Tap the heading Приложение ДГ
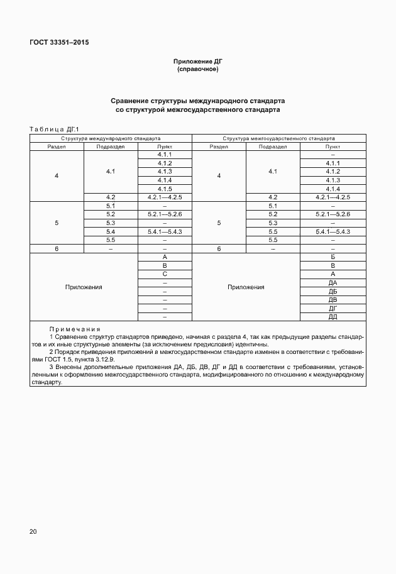[x=198, y=61]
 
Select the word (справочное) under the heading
[x=198, y=69]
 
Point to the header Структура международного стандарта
[x=111, y=137]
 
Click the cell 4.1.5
[x=165, y=189]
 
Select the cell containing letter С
[x=165, y=274]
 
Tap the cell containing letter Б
[x=333, y=257]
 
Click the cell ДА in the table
[x=333, y=283]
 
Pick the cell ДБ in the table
[x=333, y=292]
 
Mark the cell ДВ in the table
[x=333, y=300]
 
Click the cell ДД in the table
[x=333, y=317]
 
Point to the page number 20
[x=33, y=532]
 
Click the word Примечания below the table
[x=75, y=329]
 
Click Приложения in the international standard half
[x=84, y=287]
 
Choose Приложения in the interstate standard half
[x=246, y=287]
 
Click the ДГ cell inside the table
[x=333, y=309]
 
